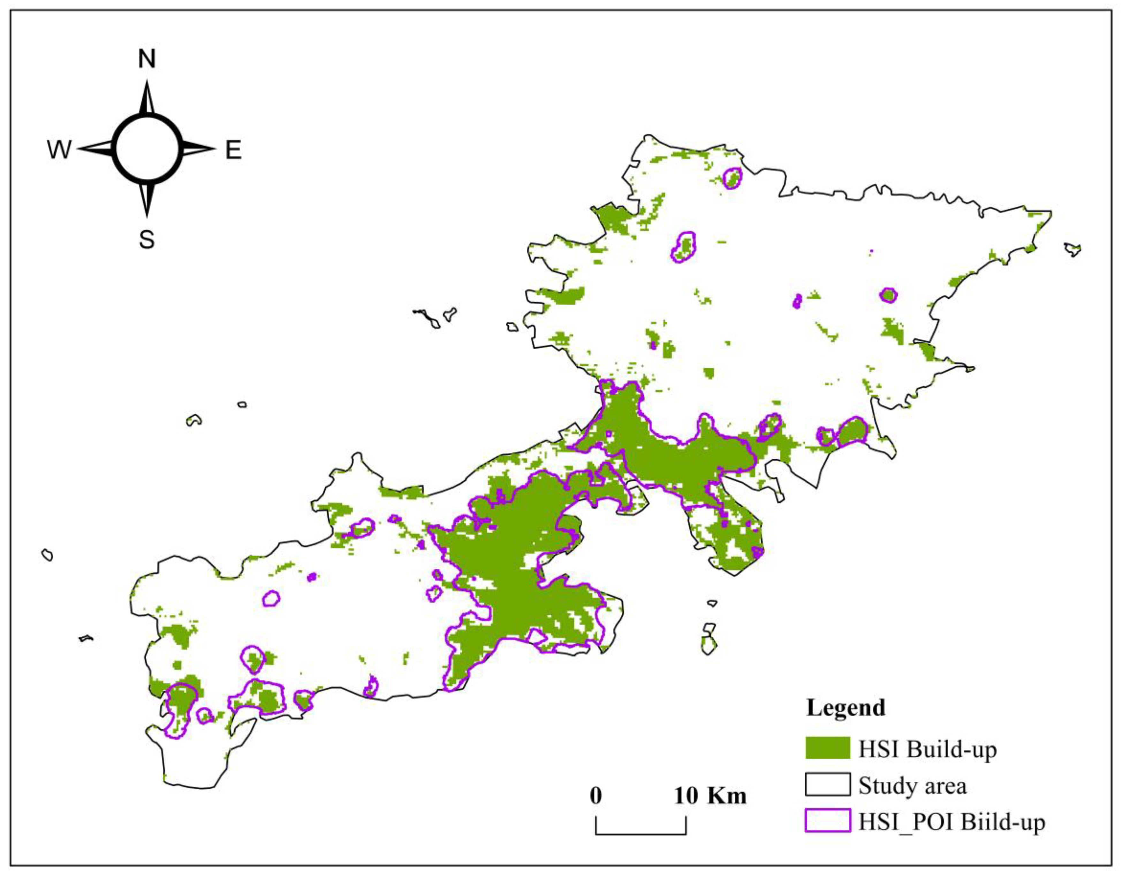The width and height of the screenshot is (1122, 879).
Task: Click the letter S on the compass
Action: click(x=147, y=239)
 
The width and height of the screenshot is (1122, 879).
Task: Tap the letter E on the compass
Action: click(x=233, y=150)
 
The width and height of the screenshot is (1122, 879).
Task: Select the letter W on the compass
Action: click(x=59, y=150)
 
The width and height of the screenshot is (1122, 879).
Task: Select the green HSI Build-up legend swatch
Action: click(x=828, y=747)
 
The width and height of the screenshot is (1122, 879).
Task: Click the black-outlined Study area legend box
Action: click(x=828, y=784)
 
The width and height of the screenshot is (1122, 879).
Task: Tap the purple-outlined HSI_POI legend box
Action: click(x=828, y=820)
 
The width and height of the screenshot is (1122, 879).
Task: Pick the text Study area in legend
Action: click(x=913, y=786)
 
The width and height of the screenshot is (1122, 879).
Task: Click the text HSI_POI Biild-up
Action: click(x=951, y=822)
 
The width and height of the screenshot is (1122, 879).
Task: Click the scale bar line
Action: click(x=641, y=833)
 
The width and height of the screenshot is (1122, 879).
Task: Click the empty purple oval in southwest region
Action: click(x=271, y=598)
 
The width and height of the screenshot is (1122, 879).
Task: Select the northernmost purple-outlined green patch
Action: click(x=732, y=178)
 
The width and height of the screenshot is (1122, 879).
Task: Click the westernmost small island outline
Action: click(x=47, y=555)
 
